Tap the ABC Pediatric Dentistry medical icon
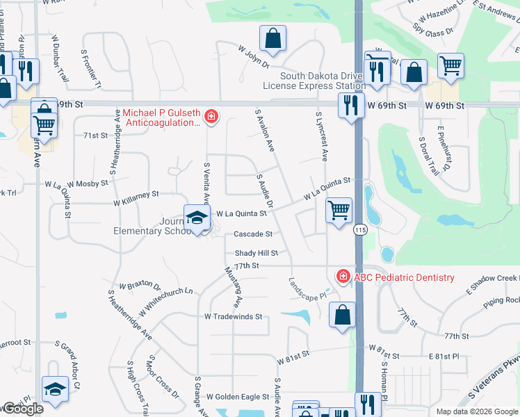[x=343, y=277]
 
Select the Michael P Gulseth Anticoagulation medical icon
[x=210, y=115]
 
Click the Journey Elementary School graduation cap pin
[x=197, y=218]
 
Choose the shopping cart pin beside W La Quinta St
[x=339, y=209]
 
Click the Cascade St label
[x=252, y=234]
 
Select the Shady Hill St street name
[x=256, y=254]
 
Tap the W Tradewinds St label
[x=233, y=316]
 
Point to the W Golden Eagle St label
[x=236, y=397]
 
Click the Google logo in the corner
[x=23, y=409]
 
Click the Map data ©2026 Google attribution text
[x=476, y=411]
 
